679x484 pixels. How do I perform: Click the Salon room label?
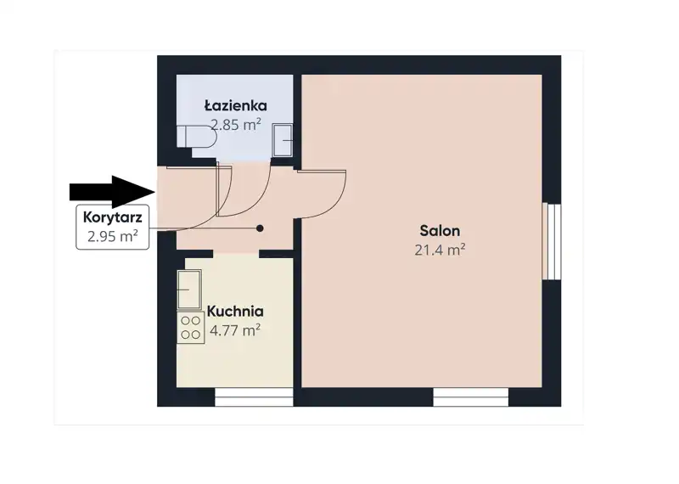point(440,230)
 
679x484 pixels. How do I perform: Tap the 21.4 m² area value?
point(440,250)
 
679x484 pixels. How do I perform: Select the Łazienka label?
point(236,105)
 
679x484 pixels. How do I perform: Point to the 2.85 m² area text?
point(236,125)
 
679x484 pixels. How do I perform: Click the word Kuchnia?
point(235,311)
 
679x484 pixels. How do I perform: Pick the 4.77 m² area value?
point(235,330)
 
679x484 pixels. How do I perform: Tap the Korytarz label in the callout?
point(112,217)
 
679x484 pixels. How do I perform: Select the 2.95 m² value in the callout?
point(112,237)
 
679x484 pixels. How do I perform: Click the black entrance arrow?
point(112,192)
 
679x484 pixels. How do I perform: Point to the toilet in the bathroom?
point(196,137)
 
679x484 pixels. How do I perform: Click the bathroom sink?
point(283,140)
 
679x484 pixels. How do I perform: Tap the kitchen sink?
point(189,289)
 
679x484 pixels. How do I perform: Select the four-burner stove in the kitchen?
point(190,328)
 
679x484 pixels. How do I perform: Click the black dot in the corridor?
point(260,228)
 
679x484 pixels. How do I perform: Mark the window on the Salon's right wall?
point(552,242)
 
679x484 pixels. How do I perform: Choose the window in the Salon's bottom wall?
point(471,397)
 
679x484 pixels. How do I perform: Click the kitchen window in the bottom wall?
point(254,397)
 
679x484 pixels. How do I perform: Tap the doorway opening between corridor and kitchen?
point(236,254)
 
